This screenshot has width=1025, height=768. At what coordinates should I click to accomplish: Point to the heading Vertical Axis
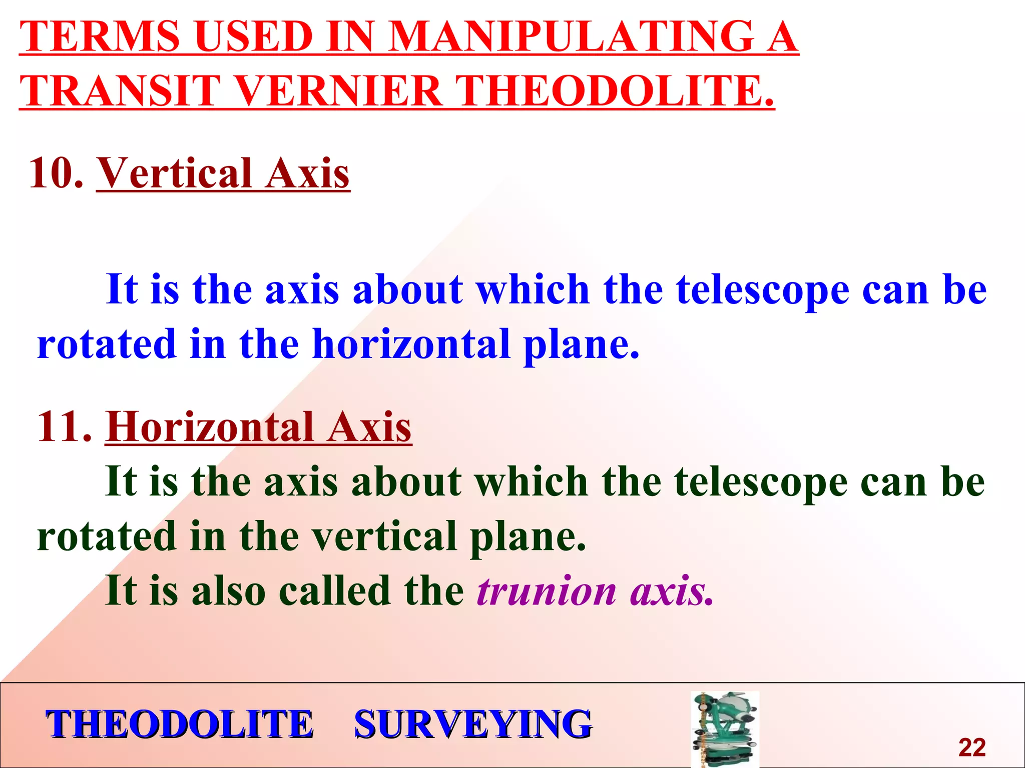pyautogui.click(x=223, y=173)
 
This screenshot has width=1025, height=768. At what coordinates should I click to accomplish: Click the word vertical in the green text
pyautogui.click(x=384, y=536)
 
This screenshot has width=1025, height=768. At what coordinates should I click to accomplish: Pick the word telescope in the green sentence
pyautogui.click(x=761, y=482)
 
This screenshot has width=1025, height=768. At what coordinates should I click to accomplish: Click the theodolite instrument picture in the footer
pyautogui.click(x=725, y=729)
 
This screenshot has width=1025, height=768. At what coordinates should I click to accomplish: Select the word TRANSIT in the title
pyautogui.click(x=120, y=91)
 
